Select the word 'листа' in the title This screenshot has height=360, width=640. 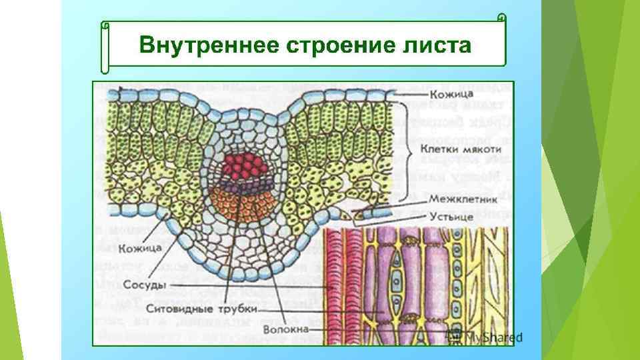click(437, 46)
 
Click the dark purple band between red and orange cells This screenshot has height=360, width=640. click(243, 183)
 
